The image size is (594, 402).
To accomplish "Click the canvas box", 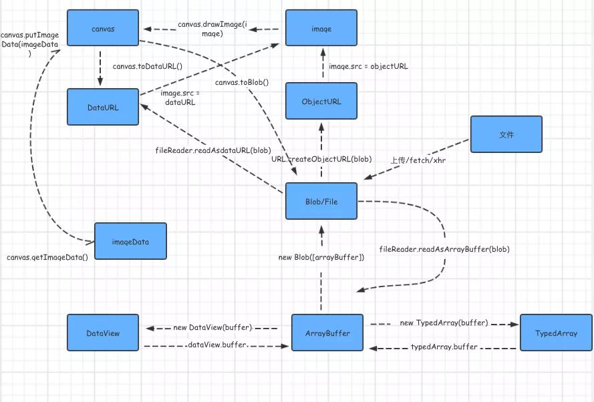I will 103,29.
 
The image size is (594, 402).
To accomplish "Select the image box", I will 321,29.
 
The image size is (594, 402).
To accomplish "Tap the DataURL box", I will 103,106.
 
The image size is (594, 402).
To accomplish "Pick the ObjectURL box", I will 321,102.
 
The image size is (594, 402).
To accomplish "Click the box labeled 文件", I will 506,134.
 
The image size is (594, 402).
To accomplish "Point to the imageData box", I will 130,242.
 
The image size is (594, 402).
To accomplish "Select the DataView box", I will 103,333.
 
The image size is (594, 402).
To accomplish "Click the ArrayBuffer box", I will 327,333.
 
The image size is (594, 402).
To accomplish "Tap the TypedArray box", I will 556,333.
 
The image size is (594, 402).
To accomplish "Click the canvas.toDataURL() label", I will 148,66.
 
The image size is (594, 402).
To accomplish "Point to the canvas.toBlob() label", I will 242,82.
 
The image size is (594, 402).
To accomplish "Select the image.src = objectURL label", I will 369,66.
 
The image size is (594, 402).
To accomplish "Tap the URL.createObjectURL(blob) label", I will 321,160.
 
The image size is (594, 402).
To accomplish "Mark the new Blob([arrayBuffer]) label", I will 321,257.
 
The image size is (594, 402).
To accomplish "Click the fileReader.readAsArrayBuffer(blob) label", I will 444,249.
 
